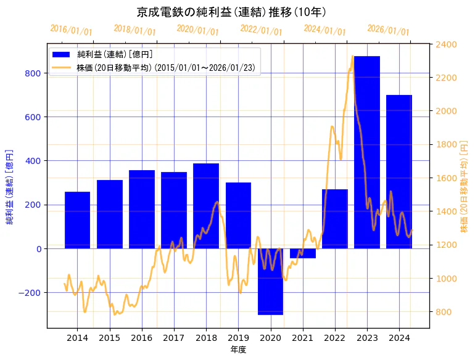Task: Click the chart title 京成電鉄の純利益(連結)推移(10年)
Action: point(231,12)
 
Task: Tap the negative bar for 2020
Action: point(270,281)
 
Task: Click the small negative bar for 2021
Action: point(302,253)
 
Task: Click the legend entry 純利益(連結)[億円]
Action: point(114,55)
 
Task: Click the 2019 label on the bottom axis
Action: point(238,338)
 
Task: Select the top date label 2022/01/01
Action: point(261,30)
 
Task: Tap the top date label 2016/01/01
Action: point(71,30)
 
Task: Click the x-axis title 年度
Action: point(238,350)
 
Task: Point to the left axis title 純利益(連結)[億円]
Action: point(10,186)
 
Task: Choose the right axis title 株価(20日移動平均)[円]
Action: point(464,186)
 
